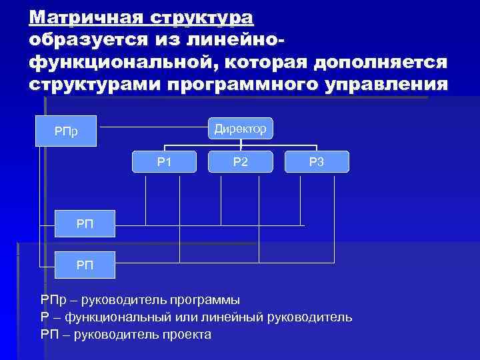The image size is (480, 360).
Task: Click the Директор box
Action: [x=240, y=128]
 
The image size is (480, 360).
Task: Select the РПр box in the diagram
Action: [x=67, y=130]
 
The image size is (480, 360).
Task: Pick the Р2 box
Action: [x=240, y=161]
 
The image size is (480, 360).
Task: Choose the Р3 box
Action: [x=316, y=161]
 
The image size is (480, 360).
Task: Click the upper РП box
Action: [x=85, y=225]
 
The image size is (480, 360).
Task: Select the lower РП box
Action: [x=85, y=265]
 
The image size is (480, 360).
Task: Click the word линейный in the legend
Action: [x=233, y=317]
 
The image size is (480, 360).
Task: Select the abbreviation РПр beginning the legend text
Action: [x=53, y=300]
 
